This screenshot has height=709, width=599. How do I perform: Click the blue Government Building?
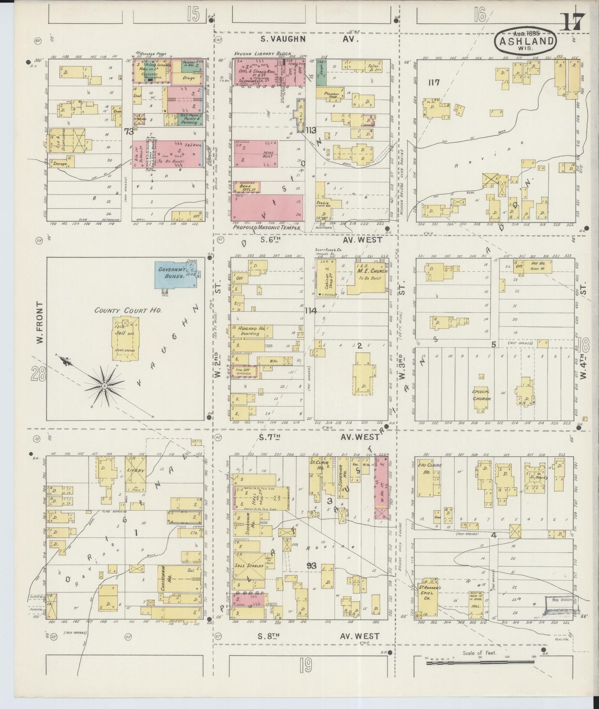click(x=175, y=273)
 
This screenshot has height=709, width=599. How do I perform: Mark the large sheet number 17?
click(x=572, y=22)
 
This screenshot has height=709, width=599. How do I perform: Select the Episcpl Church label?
click(x=482, y=395)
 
